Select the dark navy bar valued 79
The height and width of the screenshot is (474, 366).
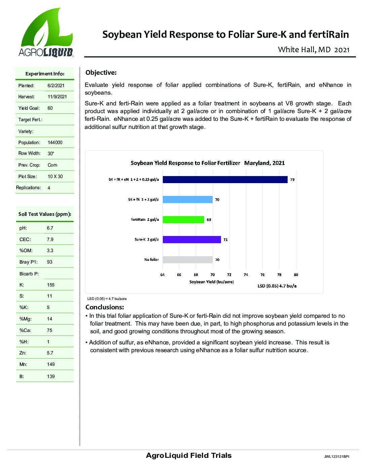(225, 179)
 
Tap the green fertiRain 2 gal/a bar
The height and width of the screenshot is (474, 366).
(183, 219)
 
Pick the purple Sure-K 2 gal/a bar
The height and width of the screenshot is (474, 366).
(192, 239)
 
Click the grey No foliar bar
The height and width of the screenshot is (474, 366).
(187, 260)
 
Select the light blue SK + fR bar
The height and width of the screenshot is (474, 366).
(187, 200)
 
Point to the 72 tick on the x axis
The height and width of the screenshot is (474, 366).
(229, 275)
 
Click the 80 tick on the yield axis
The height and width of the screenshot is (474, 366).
(296, 275)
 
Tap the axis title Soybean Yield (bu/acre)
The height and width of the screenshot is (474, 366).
(212, 281)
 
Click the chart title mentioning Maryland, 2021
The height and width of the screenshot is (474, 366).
(208, 163)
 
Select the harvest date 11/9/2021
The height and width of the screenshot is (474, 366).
(57, 97)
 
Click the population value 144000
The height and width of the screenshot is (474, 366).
(55, 142)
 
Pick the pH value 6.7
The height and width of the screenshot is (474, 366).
(50, 228)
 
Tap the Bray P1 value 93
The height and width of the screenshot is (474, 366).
(50, 262)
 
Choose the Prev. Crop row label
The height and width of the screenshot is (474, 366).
(29, 165)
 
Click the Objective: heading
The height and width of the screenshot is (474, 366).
(101, 73)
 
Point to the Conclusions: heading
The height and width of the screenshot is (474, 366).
(105, 307)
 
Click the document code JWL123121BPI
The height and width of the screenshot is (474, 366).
(336, 457)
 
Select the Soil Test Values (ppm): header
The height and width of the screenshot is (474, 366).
(45, 214)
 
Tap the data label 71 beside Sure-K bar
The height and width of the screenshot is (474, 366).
(225, 240)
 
